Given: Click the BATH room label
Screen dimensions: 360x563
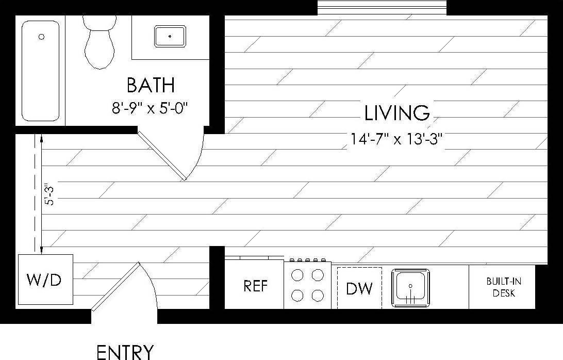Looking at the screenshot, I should [151, 85].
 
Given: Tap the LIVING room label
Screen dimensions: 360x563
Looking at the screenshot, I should [396, 112].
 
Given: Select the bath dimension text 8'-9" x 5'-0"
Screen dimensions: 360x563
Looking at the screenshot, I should [150, 108].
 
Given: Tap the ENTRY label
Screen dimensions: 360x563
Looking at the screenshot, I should [125, 352].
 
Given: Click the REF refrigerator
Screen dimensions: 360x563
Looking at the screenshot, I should [255, 286].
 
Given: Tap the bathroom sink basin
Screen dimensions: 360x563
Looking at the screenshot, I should [170, 37].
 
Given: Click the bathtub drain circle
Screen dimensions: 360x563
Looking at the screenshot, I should [41, 37].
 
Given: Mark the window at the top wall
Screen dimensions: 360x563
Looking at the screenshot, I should [382, 7].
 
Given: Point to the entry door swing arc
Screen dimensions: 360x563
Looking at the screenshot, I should [153, 289].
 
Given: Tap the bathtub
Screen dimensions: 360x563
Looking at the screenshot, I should [40, 71].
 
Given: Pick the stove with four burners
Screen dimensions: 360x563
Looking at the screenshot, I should [307, 285].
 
